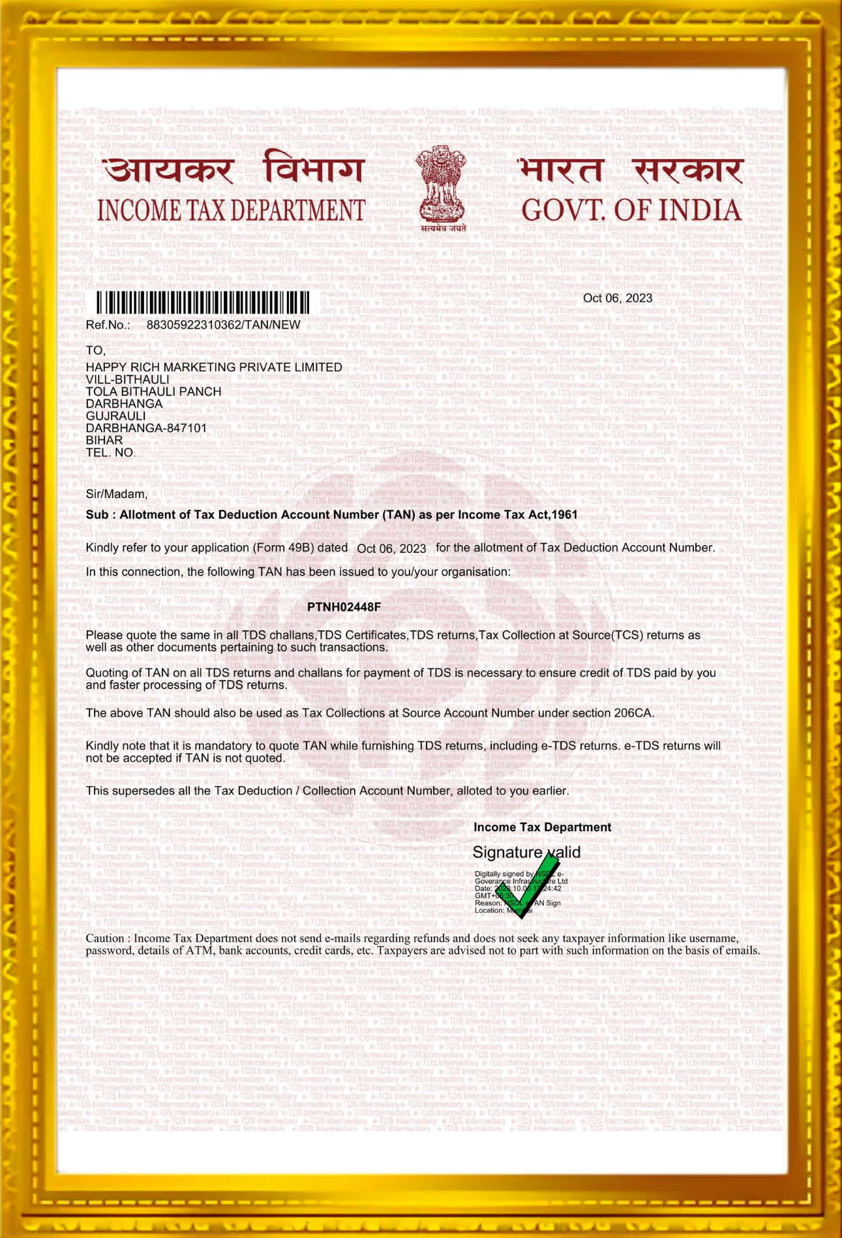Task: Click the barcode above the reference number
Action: pos(203,303)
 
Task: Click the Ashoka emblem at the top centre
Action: pos(442,186)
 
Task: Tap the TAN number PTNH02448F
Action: pos(344,607)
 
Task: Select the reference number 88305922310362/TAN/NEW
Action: pos(223,325)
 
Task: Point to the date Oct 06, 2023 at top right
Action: pos(617,298)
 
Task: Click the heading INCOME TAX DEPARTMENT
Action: pos(231,211)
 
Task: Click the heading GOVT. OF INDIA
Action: pos(631,210)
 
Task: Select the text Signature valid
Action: pos(526,852)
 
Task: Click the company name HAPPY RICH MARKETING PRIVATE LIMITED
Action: pos(214,367)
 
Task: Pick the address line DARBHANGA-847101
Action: pos(146,428)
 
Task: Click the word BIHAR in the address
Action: pos(104,440)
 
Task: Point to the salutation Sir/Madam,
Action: pos(117,494)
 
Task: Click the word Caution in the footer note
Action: pos(104,938)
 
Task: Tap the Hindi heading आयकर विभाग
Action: pos(233,170)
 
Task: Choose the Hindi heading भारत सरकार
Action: pos(630,171)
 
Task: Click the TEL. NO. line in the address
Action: pos(111,452)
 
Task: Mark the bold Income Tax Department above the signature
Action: pos(542,827)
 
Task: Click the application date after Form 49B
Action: pos(391,548)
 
